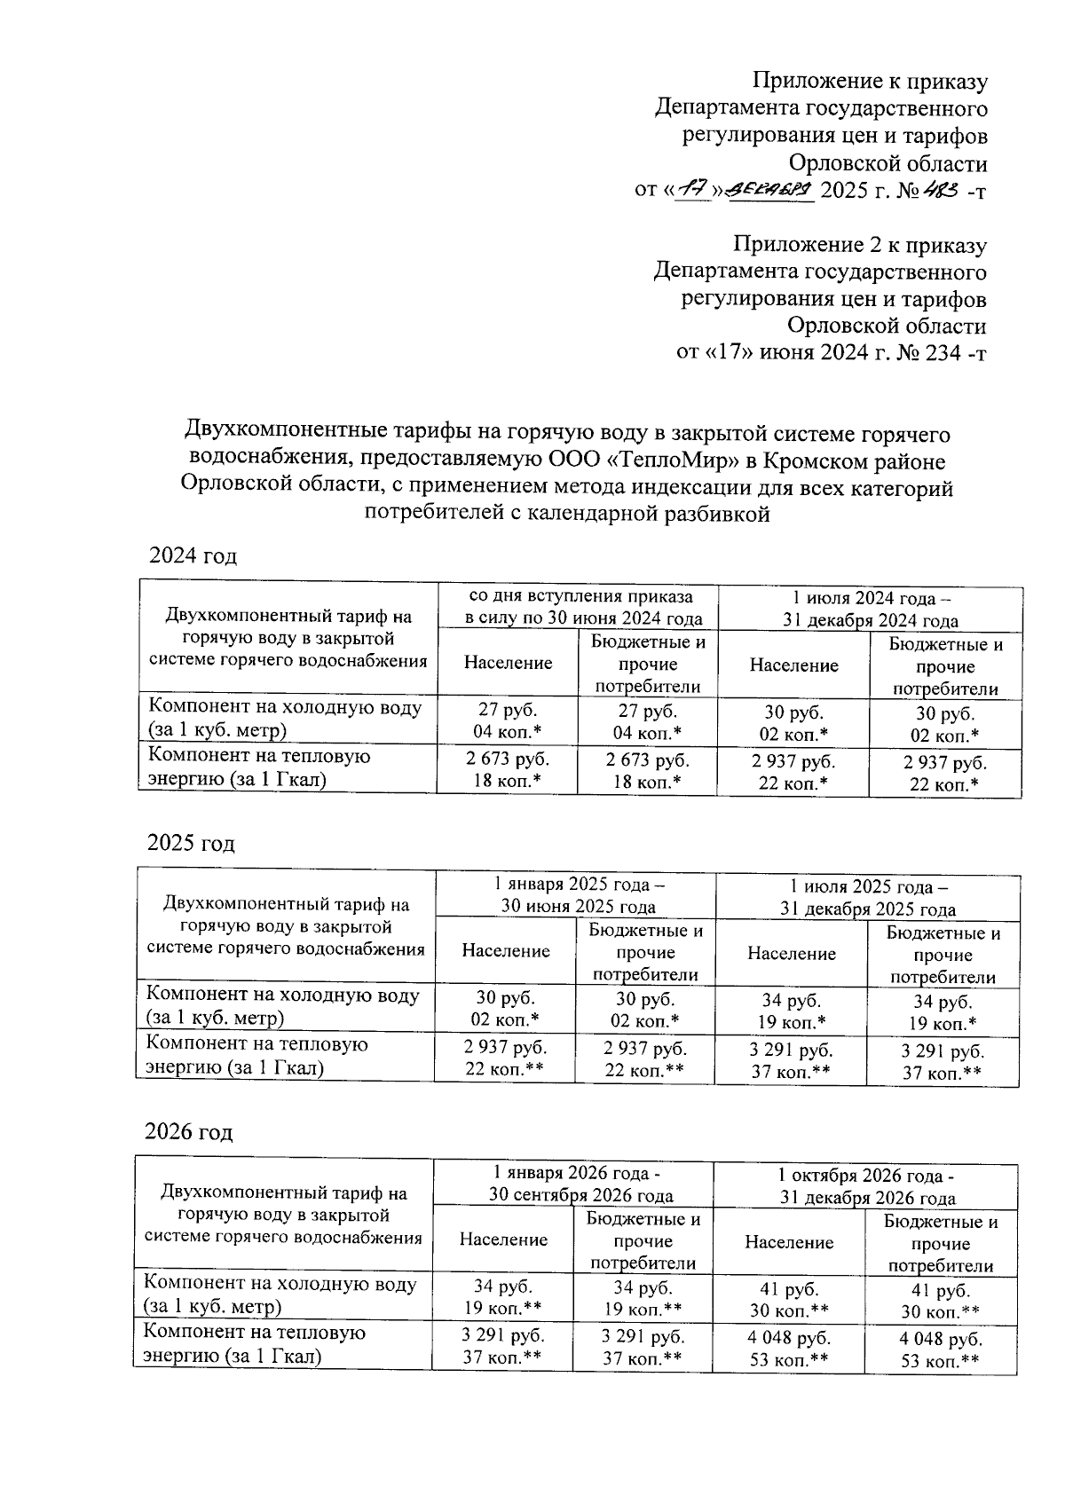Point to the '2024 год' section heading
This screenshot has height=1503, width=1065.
(193, 556)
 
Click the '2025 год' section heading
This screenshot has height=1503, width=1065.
(191, 843)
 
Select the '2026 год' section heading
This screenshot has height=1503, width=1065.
(189, 1132)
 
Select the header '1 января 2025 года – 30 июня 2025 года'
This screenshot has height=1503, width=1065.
(578, 895)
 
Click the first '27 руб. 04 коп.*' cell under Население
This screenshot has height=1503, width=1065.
(508, 722)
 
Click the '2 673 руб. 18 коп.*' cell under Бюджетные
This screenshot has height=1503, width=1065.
(647, 770)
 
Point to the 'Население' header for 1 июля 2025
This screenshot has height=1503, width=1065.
(792, 954)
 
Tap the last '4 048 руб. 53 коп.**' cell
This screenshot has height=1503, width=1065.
(941, 1350)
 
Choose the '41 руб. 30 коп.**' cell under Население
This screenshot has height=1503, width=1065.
(790, 1300)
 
